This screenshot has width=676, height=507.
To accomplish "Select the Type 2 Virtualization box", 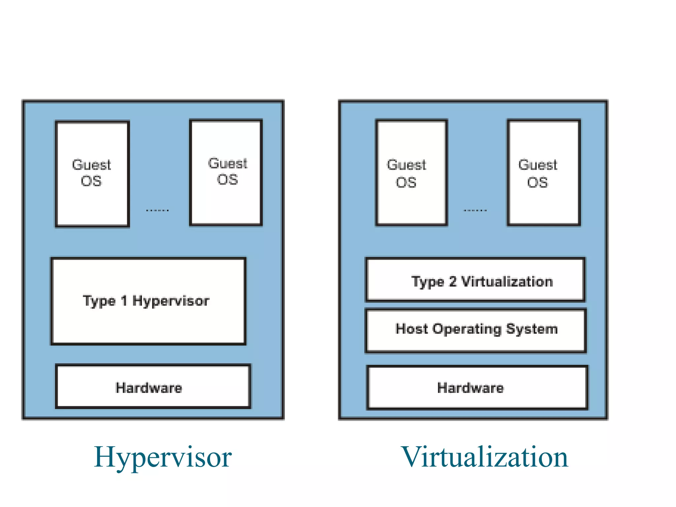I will pos(475,280).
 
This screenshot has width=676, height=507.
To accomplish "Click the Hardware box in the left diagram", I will pos(153,387).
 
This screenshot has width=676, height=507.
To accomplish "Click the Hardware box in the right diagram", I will pos(477,388).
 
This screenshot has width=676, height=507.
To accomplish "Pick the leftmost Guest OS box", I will pos(92,174).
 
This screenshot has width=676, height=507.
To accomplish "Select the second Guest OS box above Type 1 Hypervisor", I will pos(226,172).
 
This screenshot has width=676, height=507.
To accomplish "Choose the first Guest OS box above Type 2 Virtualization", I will pos(412,173).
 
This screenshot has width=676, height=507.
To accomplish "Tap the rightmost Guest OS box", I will pos(544,173).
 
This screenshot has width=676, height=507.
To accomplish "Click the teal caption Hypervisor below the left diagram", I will pos(163,457).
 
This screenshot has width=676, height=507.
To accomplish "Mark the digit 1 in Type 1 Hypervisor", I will pos(124,301).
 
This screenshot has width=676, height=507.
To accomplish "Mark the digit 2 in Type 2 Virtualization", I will pos(453,282).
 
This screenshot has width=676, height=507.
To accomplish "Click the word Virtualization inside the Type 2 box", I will pos(507,282).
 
